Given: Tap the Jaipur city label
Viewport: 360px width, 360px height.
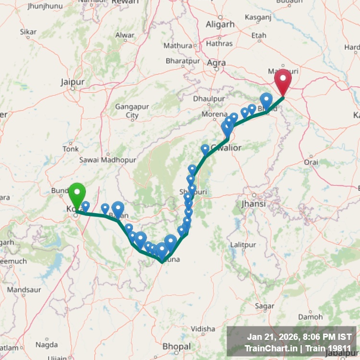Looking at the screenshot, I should click(72, 82).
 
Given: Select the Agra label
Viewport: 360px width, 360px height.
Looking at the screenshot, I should click(216, 62).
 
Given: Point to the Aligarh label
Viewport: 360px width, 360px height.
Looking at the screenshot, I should click(220, 24).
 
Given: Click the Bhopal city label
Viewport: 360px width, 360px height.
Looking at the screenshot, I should click(177, 346).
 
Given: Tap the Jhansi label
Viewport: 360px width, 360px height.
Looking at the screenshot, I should click(253, 204).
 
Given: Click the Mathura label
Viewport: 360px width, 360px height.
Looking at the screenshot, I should click(178, 46).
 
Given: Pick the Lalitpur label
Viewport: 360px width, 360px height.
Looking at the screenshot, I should click(243, 245).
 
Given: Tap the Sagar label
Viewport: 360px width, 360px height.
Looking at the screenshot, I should click(264, 306).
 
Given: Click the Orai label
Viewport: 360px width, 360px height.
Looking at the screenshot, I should click(311, 162).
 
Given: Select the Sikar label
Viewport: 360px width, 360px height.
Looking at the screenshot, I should click(28, 32).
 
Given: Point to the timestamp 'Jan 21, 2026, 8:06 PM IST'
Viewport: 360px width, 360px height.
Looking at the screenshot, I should click(299, 337).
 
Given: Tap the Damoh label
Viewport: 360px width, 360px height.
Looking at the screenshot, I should click(307, 317).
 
